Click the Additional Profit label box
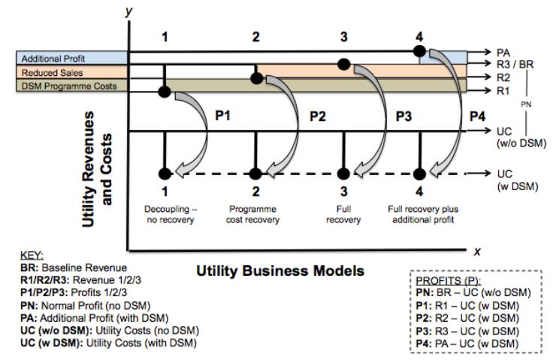(72, 58)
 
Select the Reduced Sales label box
(72, 72)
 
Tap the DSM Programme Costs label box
(72, 87)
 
